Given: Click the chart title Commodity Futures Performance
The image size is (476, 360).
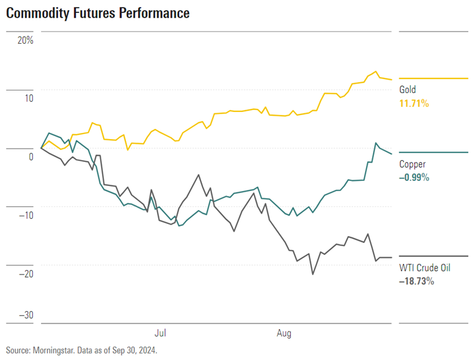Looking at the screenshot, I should pyautogui.click(x=97, y=13).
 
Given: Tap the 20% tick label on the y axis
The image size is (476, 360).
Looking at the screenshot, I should pyautogui.click(x=25, y=40).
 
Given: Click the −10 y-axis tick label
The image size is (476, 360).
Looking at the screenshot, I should pyautogui.click(x=26, y=215).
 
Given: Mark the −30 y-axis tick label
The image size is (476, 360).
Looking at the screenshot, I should pyautogui.click(x=26, y=316).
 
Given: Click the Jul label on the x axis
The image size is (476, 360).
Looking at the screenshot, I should pyautogui.click(x=161, y=332).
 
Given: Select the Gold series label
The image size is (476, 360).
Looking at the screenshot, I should pyautogui.click(x=408, y=90).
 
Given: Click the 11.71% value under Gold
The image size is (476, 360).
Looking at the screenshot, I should pyautogui.click(x=414, y=102).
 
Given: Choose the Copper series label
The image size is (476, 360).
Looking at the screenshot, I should pyautogui.click(x=412, y=164).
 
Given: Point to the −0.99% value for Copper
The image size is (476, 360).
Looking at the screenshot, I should pyautogui.click(x=414, y=177).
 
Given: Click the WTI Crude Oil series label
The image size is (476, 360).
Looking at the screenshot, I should pyautogui.click(x=424, y=268).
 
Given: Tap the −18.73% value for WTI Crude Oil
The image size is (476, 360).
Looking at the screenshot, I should pyautogui.click(x=416, y=281).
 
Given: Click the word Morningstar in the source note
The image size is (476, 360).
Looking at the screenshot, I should pyautogui.click(x=54, y=350).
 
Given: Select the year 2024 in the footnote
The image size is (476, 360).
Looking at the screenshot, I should pyautogui.click(x=146, y=350).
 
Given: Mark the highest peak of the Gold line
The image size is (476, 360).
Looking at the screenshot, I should pyautogui.click(x=376, y=71).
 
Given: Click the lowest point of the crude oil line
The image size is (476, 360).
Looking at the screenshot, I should pyautogui.click(x=312, y=274).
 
